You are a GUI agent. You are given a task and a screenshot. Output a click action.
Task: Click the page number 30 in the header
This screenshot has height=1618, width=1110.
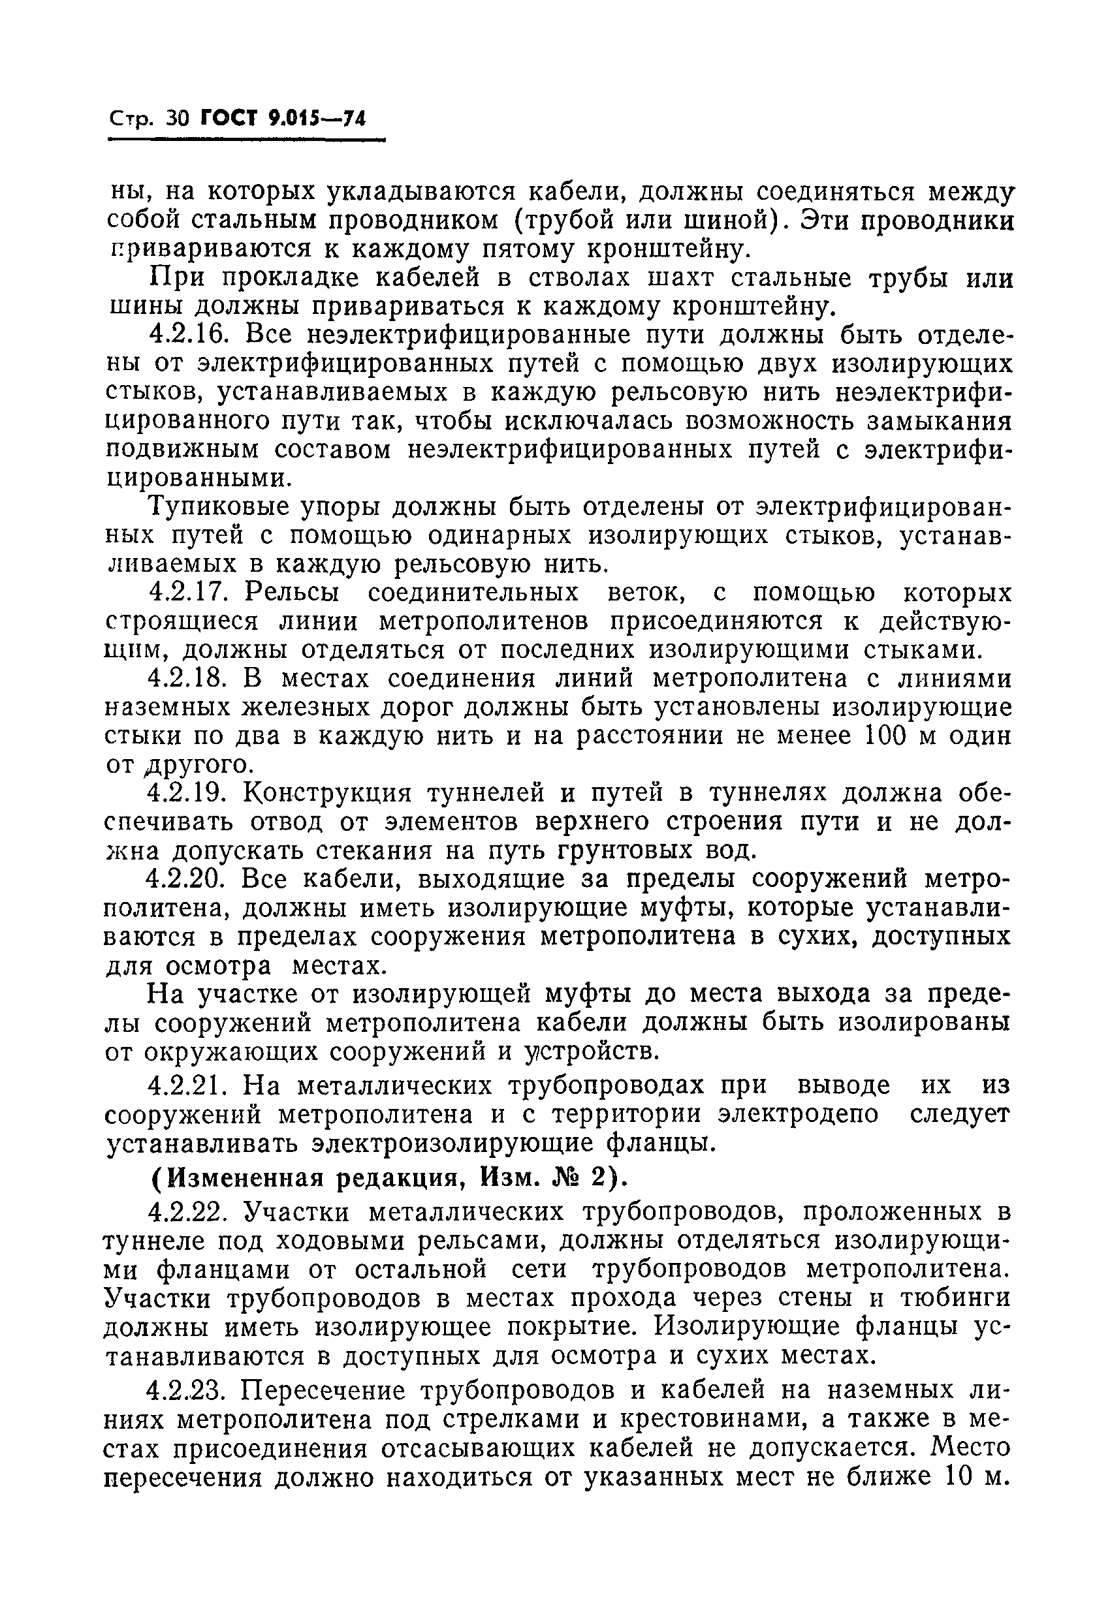178,119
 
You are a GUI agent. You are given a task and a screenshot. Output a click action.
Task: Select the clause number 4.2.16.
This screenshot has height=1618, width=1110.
189,335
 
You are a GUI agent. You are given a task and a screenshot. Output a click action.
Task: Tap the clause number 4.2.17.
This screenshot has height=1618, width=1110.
189,593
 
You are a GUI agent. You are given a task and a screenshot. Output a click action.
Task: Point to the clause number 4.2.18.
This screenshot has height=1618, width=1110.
189,679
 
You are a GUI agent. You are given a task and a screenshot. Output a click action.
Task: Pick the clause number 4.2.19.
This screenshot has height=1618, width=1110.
189,793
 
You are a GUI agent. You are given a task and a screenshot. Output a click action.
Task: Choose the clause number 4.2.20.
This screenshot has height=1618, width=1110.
189,879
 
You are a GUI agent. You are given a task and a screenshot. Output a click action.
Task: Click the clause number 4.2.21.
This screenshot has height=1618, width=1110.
189,1085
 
